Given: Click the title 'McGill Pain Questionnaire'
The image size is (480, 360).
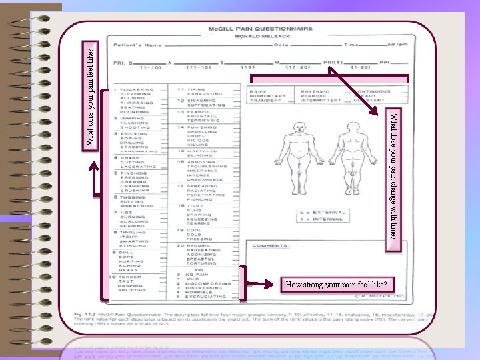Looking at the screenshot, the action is click(260, 29).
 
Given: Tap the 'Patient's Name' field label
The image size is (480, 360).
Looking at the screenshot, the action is click(137, 45).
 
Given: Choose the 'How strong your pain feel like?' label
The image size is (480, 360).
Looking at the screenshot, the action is click(331, 285).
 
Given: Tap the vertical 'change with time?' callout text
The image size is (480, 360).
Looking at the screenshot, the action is click(394, 176).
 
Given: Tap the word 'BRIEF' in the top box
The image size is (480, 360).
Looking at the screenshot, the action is click(258, 91).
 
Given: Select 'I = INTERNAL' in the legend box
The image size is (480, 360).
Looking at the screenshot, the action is click(323, 219).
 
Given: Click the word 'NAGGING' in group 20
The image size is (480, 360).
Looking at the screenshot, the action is click(198, 245).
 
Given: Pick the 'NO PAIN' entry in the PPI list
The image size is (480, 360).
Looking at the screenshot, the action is click(199, 274).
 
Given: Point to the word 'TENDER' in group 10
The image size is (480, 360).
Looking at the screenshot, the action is click(130, 276).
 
